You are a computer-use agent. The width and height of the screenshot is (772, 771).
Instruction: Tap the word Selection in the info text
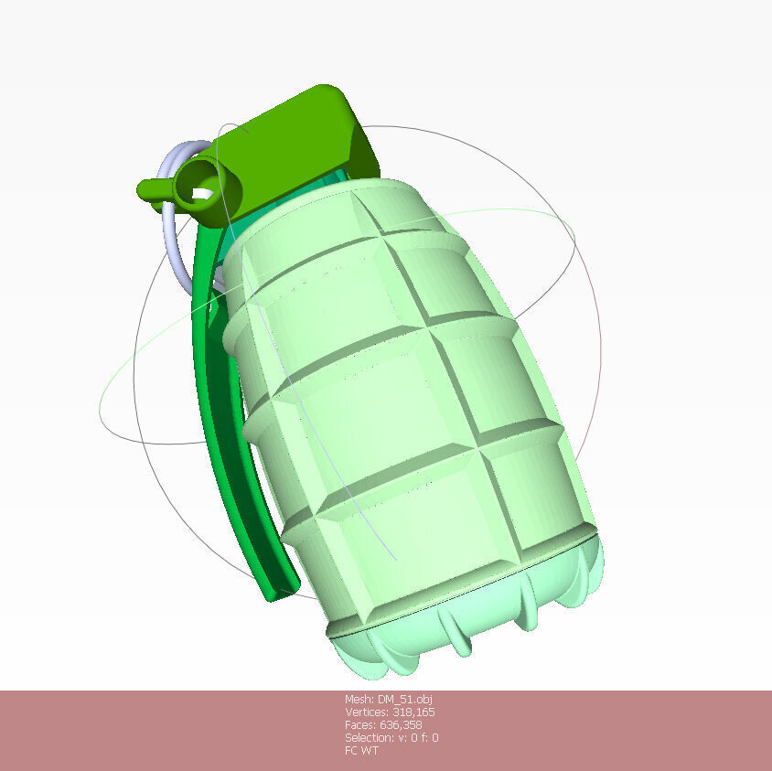[367, 737]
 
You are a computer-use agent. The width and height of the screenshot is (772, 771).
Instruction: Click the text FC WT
[361, 751]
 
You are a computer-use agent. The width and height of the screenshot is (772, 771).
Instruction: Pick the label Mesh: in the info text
[359, 699]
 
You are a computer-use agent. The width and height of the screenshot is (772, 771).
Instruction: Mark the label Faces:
[358, 724]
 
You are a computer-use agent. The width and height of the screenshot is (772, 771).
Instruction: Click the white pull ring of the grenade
[169, 238]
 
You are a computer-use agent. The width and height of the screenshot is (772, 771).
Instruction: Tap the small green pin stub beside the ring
[150, 189]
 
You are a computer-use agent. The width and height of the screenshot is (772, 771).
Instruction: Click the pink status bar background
[137, 732]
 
